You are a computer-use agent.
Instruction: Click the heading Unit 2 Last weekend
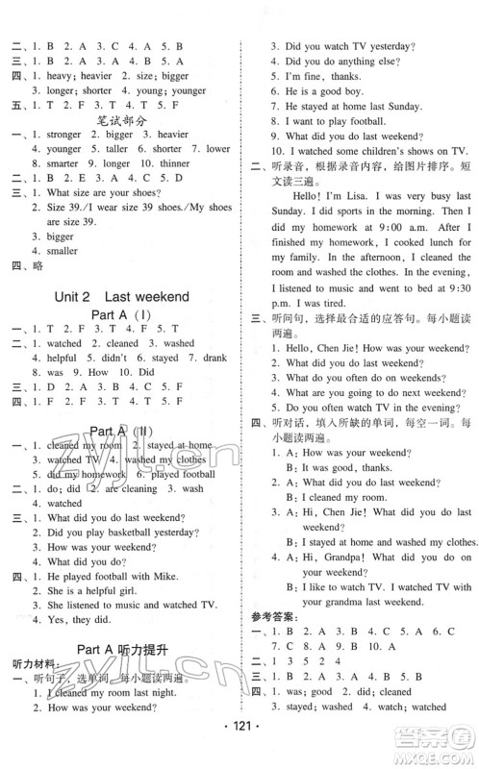pyautogui.click(x=121, y=296)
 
